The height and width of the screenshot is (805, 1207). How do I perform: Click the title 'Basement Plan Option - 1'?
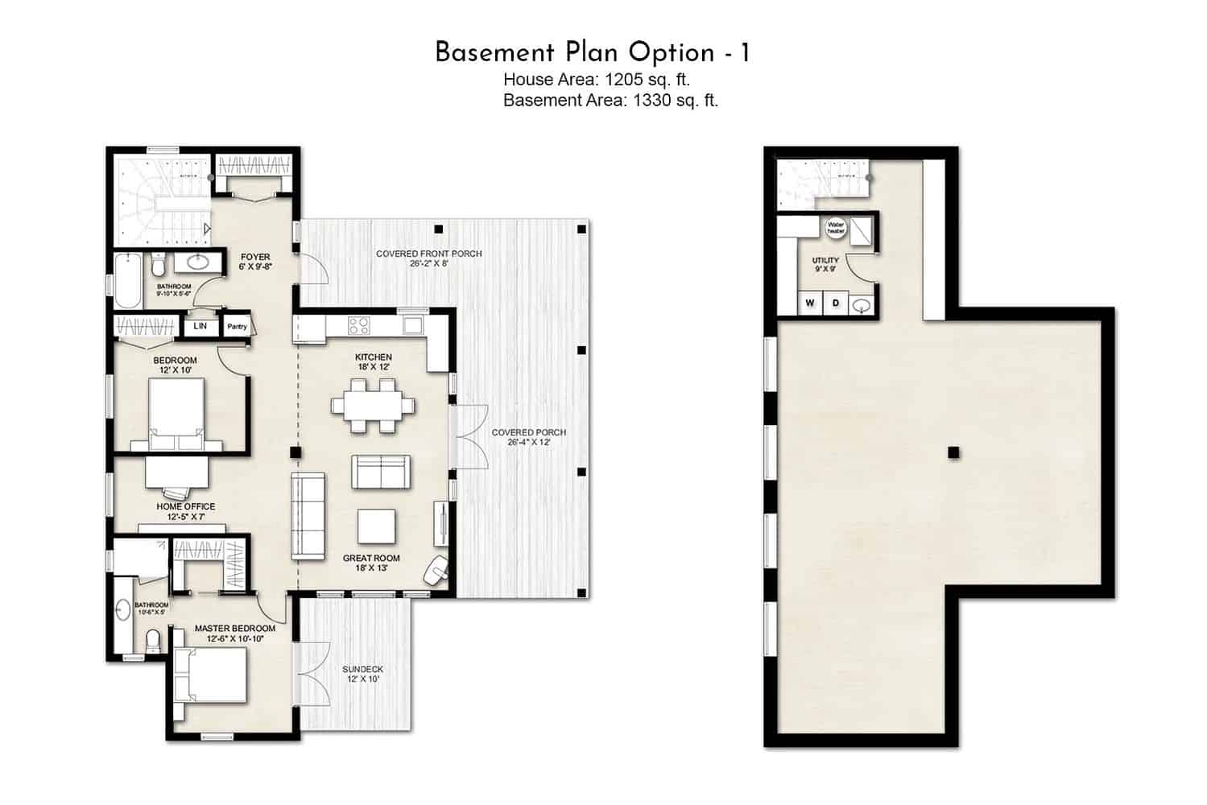(593, 52)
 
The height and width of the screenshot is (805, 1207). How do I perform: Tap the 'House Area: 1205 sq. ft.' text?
(597, 79)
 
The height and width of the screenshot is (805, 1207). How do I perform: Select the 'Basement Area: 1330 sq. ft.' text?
(610, 100)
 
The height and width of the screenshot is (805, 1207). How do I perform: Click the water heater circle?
(835, 228)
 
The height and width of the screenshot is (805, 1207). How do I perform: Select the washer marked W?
(810, 303)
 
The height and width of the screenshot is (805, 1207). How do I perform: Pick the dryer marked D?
(836, 303)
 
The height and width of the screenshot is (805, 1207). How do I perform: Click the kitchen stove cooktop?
(358, 325)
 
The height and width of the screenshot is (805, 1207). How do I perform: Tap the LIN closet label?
(200, 326)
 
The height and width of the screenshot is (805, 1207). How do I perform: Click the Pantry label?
(237, 327)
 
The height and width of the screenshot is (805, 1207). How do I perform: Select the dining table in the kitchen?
(374, 405)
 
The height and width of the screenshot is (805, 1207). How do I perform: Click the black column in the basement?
(953, 452)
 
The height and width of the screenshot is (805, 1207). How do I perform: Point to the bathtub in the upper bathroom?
(129, 281)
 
